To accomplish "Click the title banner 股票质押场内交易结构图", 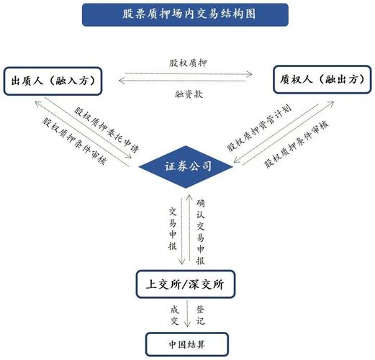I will [x=186, y=14].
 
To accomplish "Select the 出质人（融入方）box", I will [x=51, y=80].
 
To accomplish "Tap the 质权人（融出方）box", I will [x=321, y=80].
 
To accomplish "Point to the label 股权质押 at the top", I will [x=186, y=63].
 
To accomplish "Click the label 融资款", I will [x=186, y=94].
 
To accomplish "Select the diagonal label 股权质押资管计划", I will [x=259, y=130].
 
